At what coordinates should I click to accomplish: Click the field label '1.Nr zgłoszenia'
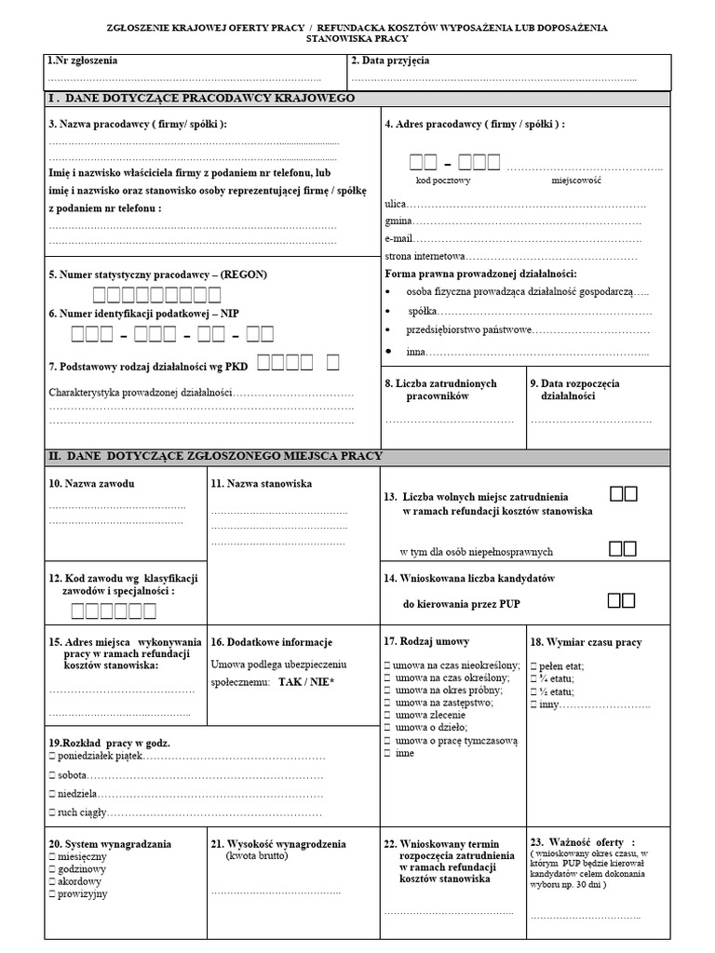click(x=83, y=61)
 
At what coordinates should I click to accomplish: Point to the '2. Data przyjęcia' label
click(x=390, y=61)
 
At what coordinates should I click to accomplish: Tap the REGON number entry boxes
click(x=155, y=296)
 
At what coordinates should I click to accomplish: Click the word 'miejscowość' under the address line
click(x=578, y=180)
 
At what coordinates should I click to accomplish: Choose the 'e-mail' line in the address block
click(x=399, y=238)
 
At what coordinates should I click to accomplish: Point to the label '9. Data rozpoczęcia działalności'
click(x=574, y=389)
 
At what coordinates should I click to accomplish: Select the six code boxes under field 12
click(x=114, y=611)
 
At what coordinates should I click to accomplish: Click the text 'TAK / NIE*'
click(x=306, y=682)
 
